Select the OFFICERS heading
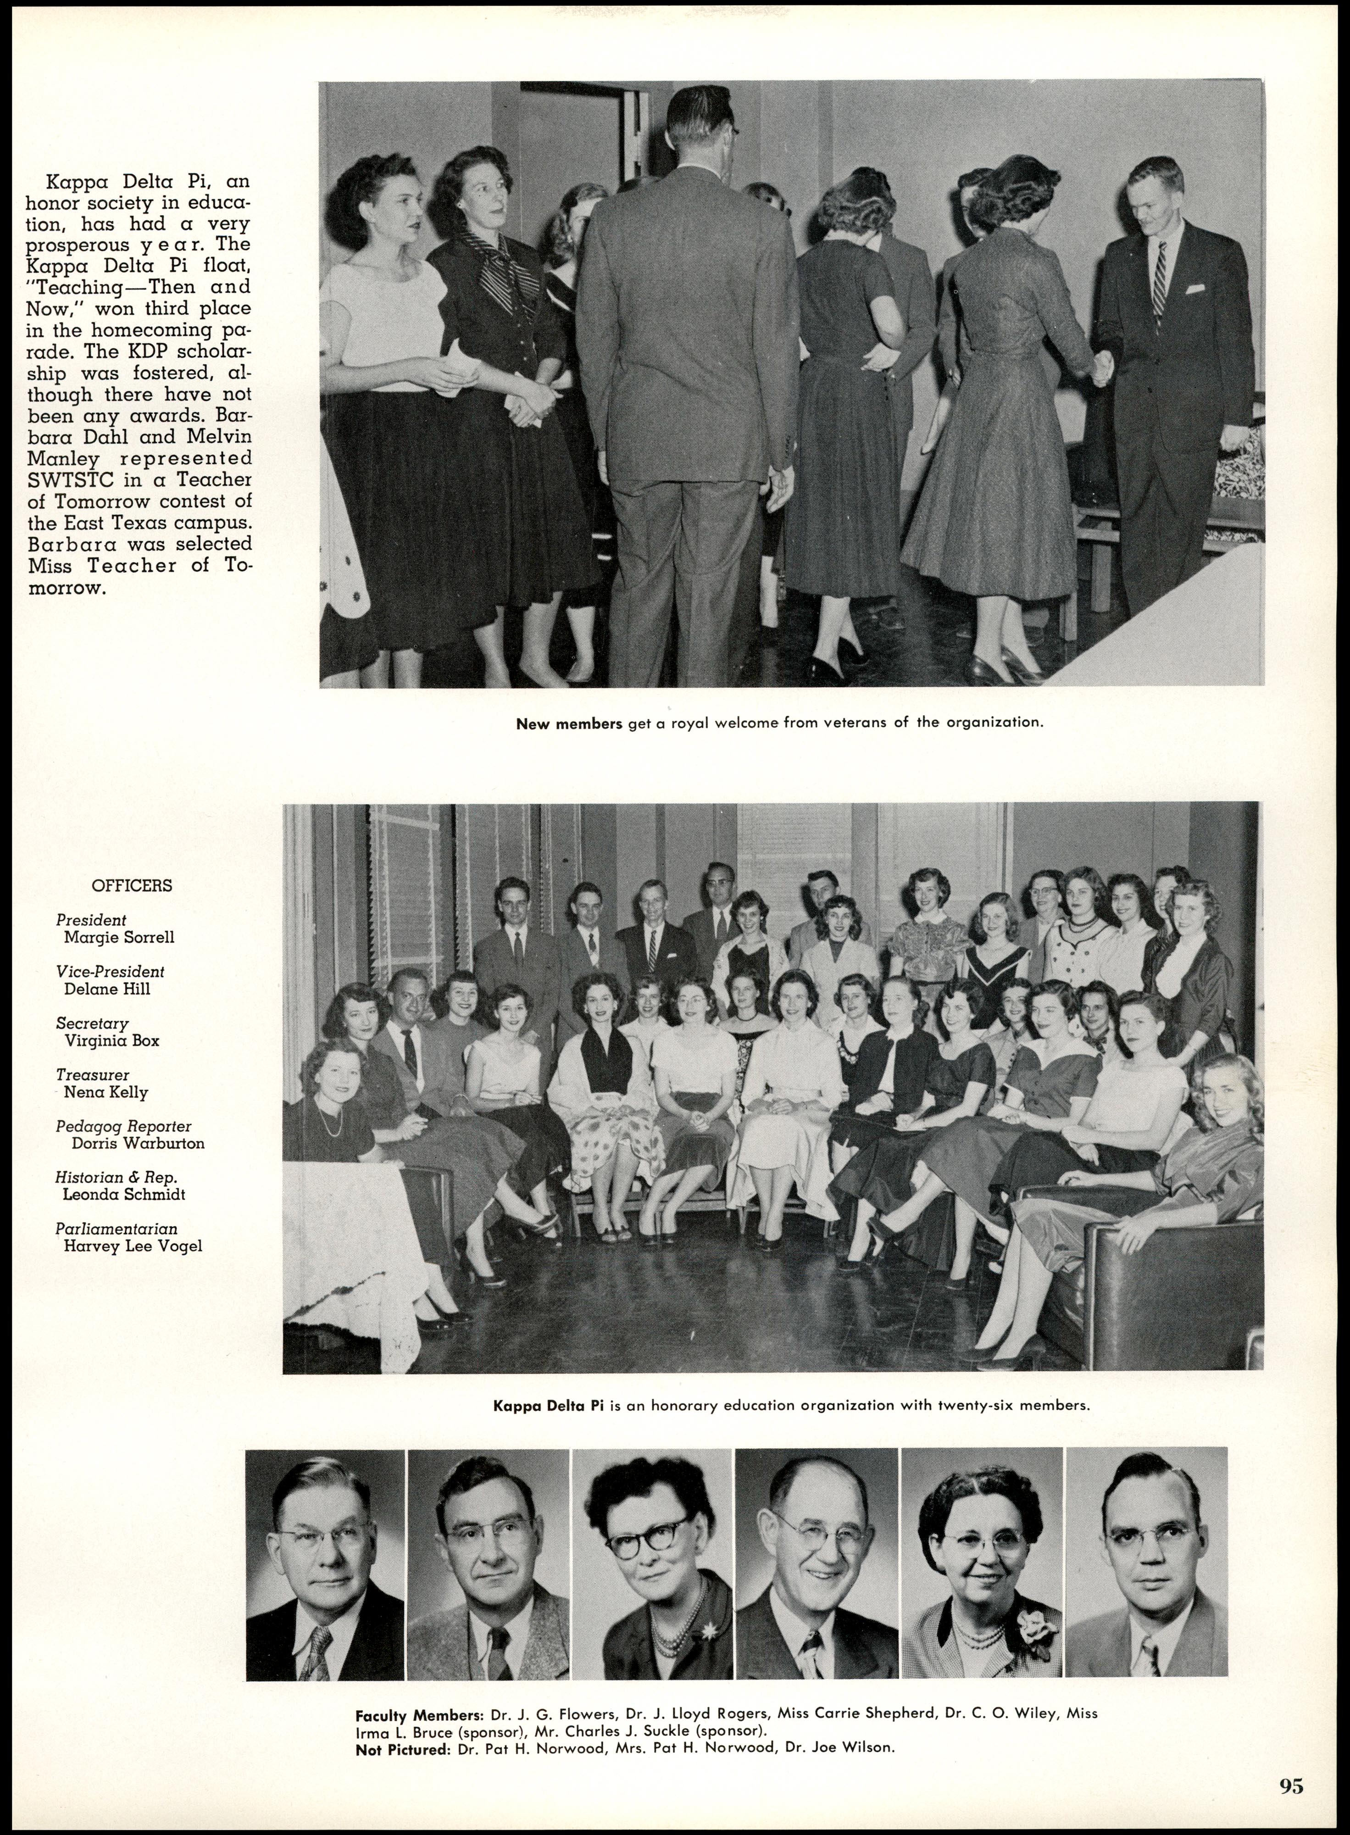(132, 886)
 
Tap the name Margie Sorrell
(118, 937)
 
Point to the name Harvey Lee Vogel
(133, 1246)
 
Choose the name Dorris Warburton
(137, 1143)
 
